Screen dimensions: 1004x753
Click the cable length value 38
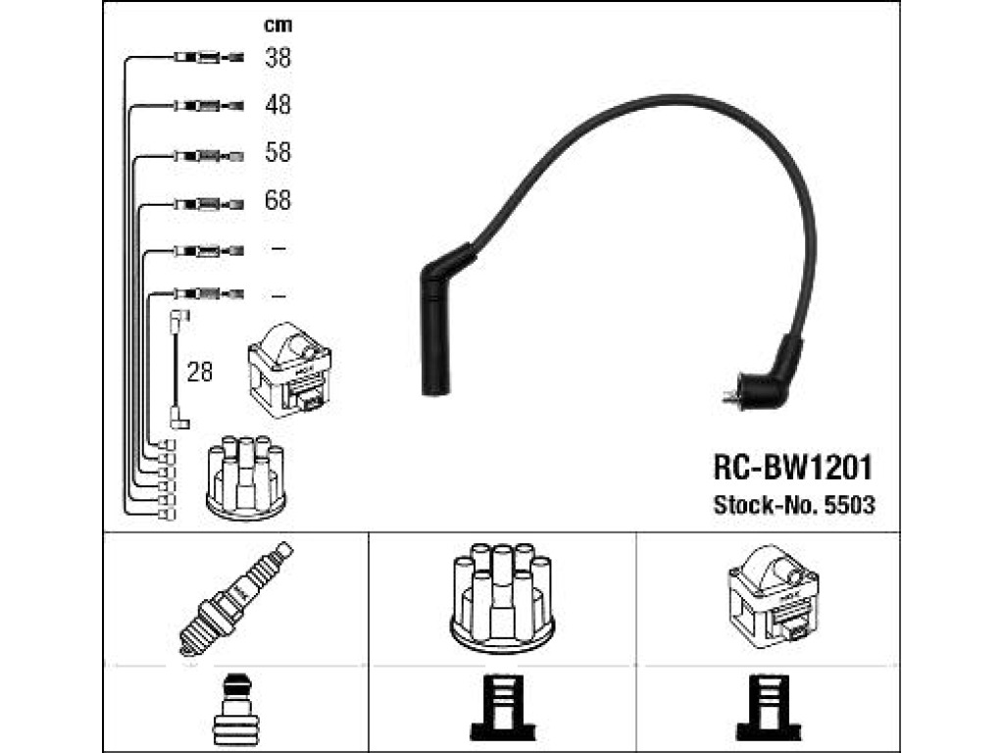point(277,58)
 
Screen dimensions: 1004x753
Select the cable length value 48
point(277,104)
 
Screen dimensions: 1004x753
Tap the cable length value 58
point(277,152)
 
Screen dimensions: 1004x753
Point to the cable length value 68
point(277,200)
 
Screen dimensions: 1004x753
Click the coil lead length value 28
point(200,372)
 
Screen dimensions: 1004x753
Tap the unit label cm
point(277,25)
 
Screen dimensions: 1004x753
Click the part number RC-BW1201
point(792,468)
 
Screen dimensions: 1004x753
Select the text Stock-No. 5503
point(794,505)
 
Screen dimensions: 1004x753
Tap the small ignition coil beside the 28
point(289,370)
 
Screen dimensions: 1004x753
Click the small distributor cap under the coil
point(246,477)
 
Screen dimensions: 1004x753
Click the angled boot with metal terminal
point(765,377)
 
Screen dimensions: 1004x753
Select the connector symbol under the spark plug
point(235,708)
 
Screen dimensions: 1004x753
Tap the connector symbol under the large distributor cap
point(503,708)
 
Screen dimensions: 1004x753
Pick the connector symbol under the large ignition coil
point(769,708)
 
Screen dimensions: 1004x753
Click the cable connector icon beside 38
point(209,58)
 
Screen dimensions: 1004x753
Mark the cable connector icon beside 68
point(209,205)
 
